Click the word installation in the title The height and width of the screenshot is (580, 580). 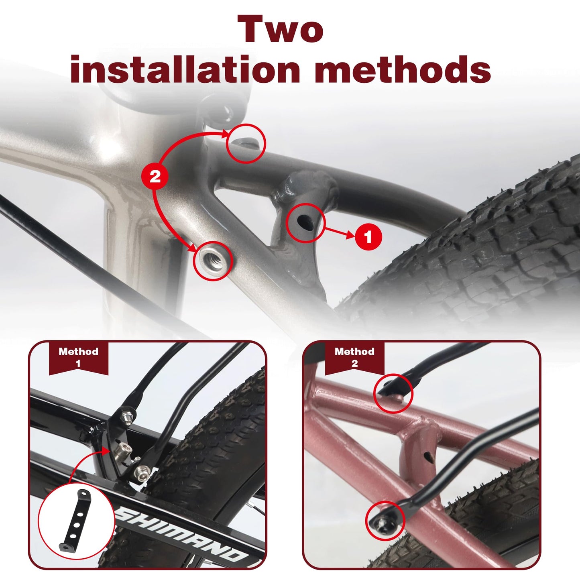185,70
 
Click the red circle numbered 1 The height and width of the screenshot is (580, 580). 368,237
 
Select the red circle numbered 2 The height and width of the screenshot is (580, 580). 155,176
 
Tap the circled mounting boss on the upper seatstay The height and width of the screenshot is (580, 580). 246,143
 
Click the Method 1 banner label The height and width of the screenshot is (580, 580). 78,357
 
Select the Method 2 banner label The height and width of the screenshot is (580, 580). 354,357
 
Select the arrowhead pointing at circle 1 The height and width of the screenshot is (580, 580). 350,235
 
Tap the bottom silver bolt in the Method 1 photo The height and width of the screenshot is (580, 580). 142,471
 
